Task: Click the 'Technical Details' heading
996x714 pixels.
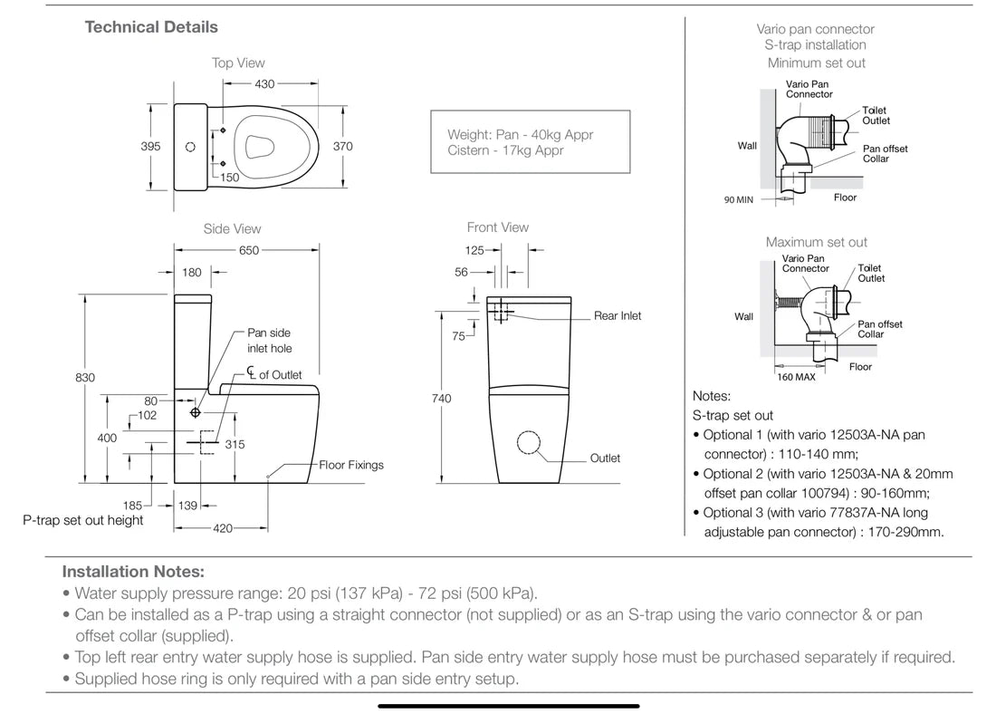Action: tap(151, 27)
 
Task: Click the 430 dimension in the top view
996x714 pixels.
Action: tap(264, 84)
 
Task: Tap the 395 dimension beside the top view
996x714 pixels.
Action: tap(150, 146)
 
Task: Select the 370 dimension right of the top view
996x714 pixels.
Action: tap(343, 146)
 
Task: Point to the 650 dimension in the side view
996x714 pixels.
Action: tap(248, 251)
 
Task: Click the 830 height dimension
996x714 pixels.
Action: tap(85, 378)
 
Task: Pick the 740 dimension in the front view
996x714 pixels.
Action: tap(442, 399)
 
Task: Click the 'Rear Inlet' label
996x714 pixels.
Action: tap(618, 316)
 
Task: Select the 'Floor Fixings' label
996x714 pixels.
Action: tap(351, 465)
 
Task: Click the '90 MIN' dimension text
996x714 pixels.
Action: tap(739, 200)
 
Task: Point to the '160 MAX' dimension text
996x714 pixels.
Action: tap(795, 377)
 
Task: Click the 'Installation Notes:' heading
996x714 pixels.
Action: tap(133, 572)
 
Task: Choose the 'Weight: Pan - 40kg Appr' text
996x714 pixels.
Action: tap(520, 135)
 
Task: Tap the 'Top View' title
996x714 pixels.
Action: tap(238, 63)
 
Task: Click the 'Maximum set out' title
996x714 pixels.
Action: tap(816, 243)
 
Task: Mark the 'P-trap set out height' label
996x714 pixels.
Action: tap(83, 521)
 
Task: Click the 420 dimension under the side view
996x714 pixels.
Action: tap(223, 528)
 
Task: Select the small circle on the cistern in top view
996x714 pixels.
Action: tap(190, 146)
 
